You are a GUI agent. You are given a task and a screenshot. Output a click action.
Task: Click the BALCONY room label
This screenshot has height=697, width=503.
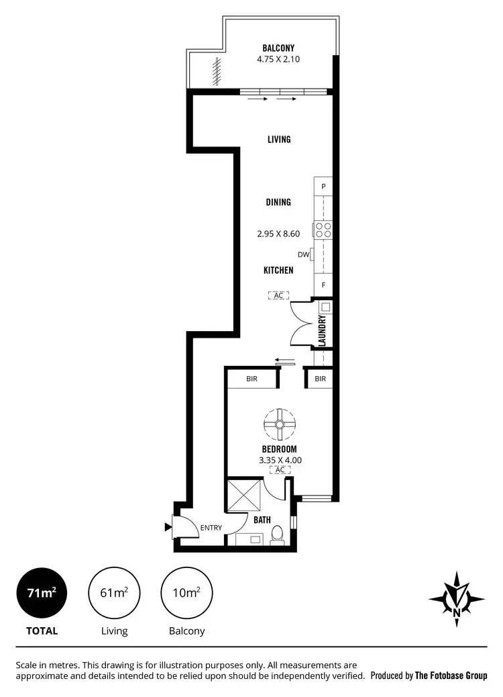(x=278, y=48)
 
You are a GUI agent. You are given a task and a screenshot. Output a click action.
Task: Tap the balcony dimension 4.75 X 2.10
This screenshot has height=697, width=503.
(x=278, y=58)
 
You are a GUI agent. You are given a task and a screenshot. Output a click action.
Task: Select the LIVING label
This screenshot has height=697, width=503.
(x=279, y=140)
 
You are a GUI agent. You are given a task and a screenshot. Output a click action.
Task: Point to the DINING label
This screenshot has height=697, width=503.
(x=278, y=202)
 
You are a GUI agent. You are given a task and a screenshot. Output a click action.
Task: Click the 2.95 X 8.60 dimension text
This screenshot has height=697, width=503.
(x=278, y=234)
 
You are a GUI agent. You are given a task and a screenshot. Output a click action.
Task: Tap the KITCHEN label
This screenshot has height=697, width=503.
(x=278, y=270)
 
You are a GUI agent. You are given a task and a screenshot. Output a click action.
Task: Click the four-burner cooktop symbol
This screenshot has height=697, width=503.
(x=323, y=230)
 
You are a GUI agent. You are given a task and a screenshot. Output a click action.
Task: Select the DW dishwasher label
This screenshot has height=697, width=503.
(x=302, y=254)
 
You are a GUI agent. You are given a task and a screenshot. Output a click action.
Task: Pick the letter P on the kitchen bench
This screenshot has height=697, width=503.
(x=323, y=186)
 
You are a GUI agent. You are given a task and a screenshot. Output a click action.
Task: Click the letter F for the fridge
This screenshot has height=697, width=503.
(x=323, y=285)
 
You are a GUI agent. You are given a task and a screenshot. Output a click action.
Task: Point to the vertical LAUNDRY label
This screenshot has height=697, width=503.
(x=322, y=330)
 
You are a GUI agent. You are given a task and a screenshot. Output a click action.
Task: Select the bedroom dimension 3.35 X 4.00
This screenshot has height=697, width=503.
(x=280, y=460)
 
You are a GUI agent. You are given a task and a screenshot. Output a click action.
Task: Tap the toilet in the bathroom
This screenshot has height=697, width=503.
(x=276, y=535)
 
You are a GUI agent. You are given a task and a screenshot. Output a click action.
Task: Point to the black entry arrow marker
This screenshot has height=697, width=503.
(x=168, y=527)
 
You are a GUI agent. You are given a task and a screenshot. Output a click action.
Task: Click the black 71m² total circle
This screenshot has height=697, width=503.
(x=42, y=593)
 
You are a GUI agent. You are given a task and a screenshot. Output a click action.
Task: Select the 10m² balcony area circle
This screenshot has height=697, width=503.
(x=186, y=593)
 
